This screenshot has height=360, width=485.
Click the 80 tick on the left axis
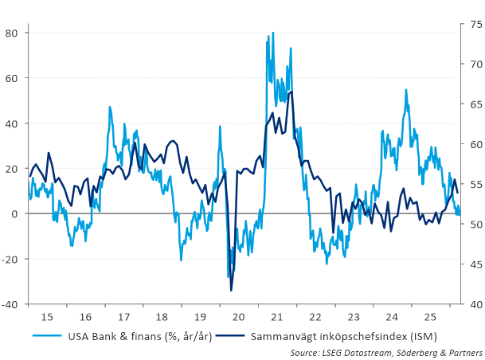(13, 33)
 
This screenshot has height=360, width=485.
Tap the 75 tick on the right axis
(471, 25)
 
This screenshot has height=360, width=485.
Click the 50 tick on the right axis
(471, 225)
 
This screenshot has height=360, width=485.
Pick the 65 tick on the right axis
(471, 104)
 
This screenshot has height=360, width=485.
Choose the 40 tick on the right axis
(471, 304)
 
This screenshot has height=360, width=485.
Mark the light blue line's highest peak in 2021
(273, 33)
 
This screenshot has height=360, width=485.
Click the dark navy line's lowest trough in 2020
(231, 291)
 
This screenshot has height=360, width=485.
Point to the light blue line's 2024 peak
(406, 90)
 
